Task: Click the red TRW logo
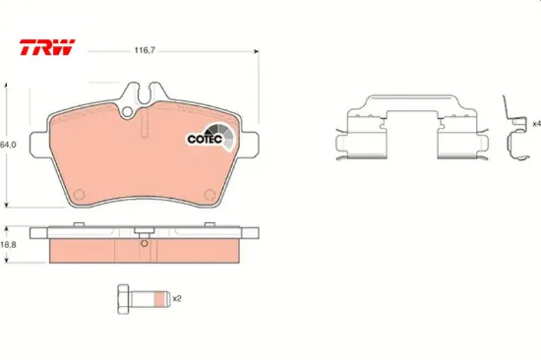(x=47, y=47)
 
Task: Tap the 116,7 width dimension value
(x=145, y=51)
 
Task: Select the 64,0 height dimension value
(x=8, y=145)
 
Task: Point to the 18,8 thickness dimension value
(x=8, y=245)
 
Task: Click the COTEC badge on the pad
(x=210, y=138)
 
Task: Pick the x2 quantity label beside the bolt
(x=177, y=298)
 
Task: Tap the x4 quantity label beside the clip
(x=536, y=124)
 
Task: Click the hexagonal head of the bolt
(x=124, y=299)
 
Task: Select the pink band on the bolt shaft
(x=158, y=299)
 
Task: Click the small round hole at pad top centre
(x=127, y=111)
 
